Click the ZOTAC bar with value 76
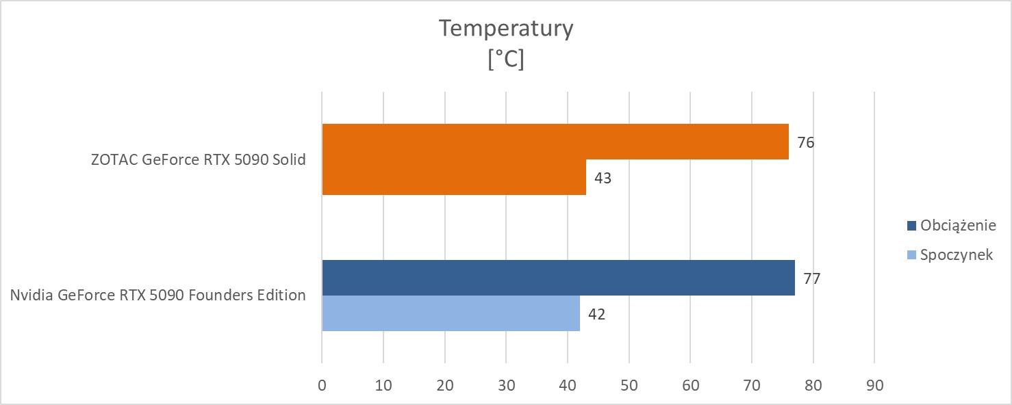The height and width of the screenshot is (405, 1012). [x=555, y=142]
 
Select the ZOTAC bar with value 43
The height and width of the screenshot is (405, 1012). [x=453, y=177]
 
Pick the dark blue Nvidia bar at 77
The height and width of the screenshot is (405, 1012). [x=558, y=278]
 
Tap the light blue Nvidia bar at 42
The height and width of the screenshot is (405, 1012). [x=451, y=313]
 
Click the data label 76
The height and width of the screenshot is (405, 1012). [x=806, y=143]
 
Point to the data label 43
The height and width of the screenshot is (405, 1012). [x=603, y=179]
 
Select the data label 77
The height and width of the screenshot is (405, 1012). [x=812, y=279]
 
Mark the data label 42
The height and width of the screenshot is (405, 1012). [x=596, y=315]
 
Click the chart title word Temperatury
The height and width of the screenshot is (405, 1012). [x=505, y=29]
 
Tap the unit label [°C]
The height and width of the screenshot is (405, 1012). [x=505, y=60]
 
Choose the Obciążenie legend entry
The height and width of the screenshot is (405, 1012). [x=957, y=226]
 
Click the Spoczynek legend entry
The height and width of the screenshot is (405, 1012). [x=957, y=255]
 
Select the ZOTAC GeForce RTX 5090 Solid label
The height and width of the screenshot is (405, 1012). [x=198, y=160]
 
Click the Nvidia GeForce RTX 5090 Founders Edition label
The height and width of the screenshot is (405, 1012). [x=157, y=296]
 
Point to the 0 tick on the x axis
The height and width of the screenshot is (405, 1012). [x=322, y=385]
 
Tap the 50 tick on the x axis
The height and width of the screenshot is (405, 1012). [x=629, y=385]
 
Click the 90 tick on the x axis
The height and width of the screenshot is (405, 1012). [x=874, y=385]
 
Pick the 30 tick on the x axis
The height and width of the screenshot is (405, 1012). [x=506, y=385]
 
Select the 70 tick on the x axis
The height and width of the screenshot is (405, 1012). [x=752, y=385]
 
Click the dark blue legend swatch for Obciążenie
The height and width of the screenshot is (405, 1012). [x=911, y=226]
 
